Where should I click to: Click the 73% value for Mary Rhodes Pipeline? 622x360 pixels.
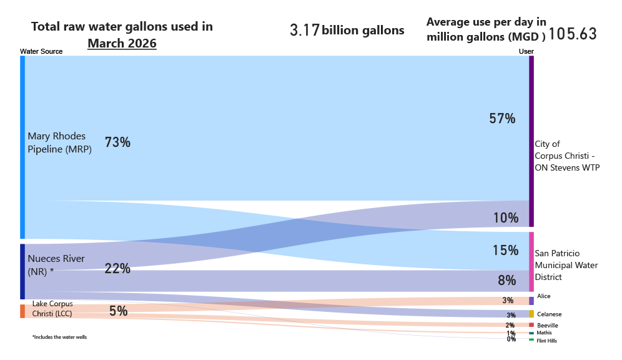pos(117,142)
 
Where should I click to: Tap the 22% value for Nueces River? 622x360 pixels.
pos(117,269)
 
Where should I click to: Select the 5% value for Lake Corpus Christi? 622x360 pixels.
pos(118,311)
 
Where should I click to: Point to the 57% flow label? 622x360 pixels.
pos(502,119)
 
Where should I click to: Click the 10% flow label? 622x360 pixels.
pos(506,218)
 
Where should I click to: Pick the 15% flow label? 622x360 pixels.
pos(506,251)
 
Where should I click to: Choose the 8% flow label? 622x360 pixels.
pos(506,281)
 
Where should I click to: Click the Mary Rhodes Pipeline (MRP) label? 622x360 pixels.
pos(60,142)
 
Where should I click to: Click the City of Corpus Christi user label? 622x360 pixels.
pos(567,156)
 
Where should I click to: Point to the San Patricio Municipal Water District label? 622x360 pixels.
pos(566,265)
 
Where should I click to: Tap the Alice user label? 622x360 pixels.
pos(543,296)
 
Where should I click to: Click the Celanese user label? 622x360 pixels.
pos(549,314)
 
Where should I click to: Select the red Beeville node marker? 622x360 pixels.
pos(531,325)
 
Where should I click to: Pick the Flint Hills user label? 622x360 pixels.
pos(546,341)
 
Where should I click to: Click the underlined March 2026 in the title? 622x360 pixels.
pos(122,44)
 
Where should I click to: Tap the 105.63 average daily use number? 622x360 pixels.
pos(573,34)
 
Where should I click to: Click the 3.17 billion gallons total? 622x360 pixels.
pos(347,30)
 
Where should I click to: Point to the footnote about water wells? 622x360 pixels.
pos(59,337)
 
